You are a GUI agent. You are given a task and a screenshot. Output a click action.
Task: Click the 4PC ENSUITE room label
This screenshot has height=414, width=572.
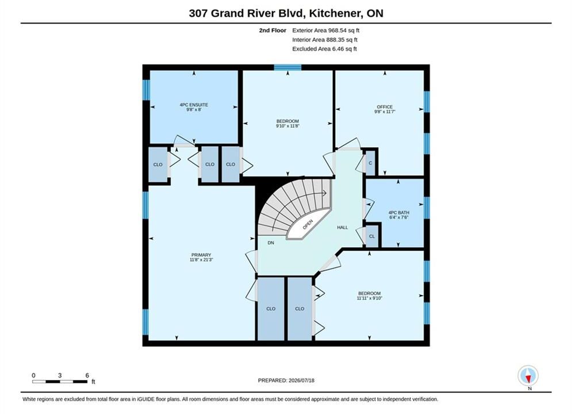point(194,105)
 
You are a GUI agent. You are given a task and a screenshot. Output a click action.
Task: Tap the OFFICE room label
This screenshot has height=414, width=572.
point(385,107)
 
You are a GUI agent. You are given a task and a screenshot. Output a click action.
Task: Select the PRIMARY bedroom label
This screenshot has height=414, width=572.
point(201,255)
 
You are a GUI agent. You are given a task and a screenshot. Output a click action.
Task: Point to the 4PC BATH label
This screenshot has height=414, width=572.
point(399,212)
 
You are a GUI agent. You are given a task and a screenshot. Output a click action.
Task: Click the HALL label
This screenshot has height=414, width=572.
point(342,227)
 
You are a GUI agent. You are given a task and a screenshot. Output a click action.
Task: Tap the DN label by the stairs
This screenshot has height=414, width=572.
point(271,243)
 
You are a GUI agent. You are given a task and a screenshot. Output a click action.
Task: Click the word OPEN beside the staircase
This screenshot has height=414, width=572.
point(308,224)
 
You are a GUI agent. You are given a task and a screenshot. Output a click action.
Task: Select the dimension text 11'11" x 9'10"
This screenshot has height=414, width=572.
point(369,298)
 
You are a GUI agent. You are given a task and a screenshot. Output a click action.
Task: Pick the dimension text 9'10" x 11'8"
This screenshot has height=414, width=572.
point(287,126)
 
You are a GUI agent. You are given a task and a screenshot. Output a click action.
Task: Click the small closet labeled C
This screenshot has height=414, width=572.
point(370,163)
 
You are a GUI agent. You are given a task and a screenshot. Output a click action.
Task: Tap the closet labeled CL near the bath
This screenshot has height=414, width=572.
point(372,236)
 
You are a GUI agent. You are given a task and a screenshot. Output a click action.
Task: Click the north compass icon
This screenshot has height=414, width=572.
point(528,375)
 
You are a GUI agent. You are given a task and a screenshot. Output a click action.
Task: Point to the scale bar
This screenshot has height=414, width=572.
point(60,382)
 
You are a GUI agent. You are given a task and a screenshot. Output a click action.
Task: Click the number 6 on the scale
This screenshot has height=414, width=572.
point(87,375)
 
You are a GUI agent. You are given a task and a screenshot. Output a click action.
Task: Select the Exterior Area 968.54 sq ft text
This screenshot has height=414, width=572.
point(326,30)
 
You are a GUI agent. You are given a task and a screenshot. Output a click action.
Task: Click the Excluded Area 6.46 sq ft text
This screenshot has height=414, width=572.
point(324,48)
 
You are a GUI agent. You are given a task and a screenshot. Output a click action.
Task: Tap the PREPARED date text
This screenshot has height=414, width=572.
point(286,380)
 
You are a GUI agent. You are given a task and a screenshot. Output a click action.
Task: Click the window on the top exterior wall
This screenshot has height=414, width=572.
point(288,67)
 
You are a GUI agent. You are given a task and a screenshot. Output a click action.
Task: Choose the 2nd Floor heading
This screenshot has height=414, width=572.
point(272,30)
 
